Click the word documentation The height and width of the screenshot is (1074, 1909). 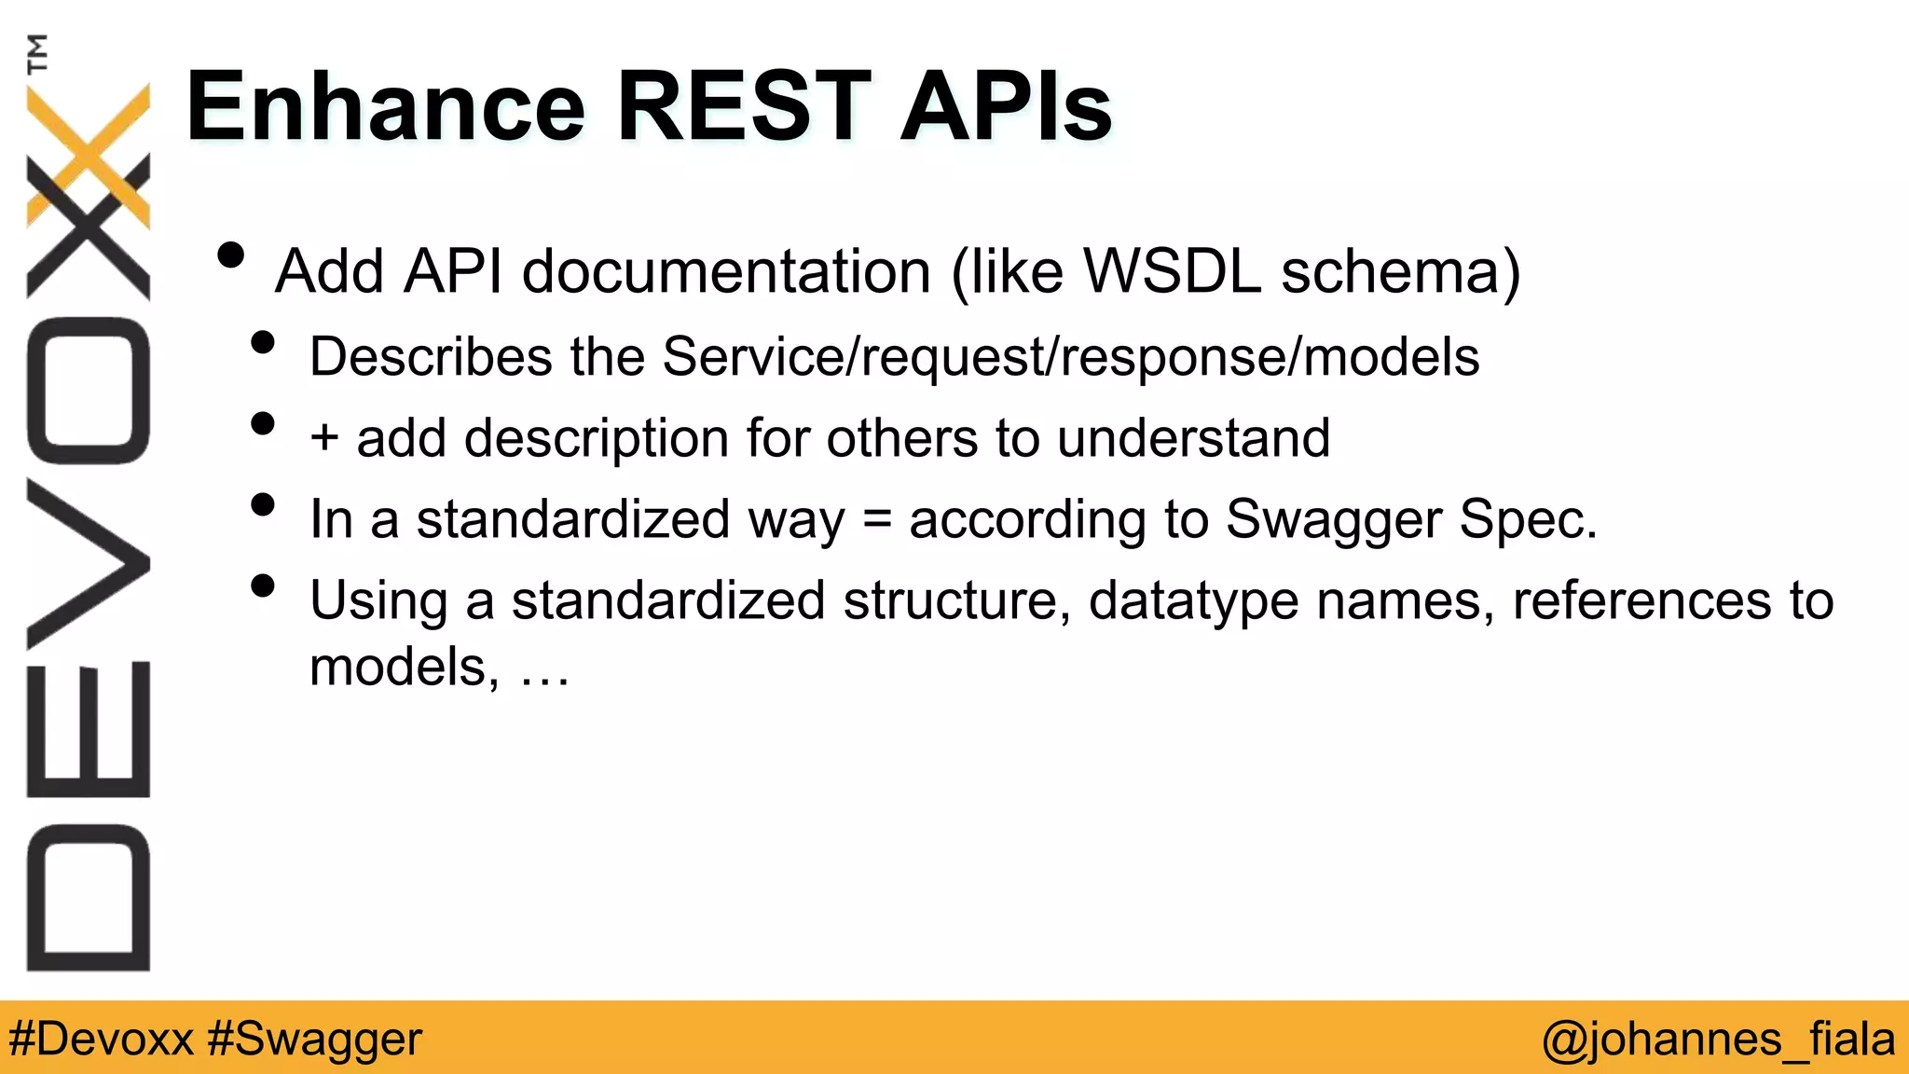pyautogui.click(x=726, y=271)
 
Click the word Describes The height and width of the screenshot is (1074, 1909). pyautogui.click(x=431, y=356)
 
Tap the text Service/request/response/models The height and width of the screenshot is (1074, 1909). pyautogui.click(x=1070, y=358)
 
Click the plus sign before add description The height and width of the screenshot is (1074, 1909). pyautogui.click(x=324, y=438)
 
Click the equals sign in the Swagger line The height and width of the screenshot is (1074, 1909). pyautogui.click(x=876, y=520)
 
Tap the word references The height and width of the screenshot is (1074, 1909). pyautogui.click(x=1641, y=599)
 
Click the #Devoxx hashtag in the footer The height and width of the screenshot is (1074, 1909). pyautogui.click(x=101, y=1039)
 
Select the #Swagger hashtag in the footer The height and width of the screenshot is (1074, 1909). pyautogui.click(x=315, y=1039)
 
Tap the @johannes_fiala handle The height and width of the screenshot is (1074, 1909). pyautogui.click(x=1718, y=1039)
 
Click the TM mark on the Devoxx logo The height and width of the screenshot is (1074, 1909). pyautogui.click(x=37, y=53)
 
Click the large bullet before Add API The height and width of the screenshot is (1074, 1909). pyautogui.click(x=230, y=255)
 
